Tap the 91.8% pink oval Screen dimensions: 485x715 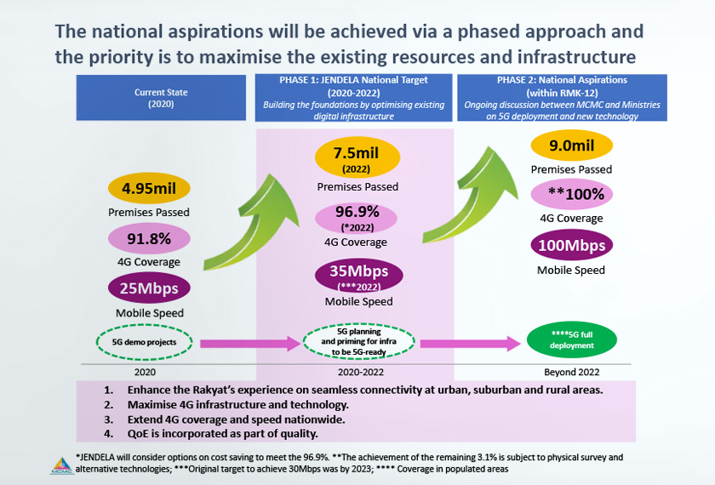150,238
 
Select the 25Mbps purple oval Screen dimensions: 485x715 150,288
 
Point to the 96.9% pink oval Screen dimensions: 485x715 357,219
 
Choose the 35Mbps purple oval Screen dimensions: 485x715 357,277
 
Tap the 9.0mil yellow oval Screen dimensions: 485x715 571,145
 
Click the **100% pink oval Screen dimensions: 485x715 571,194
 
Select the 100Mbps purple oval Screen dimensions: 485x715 571,246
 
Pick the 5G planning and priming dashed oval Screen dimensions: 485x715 358,343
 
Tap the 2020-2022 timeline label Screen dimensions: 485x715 357,372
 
